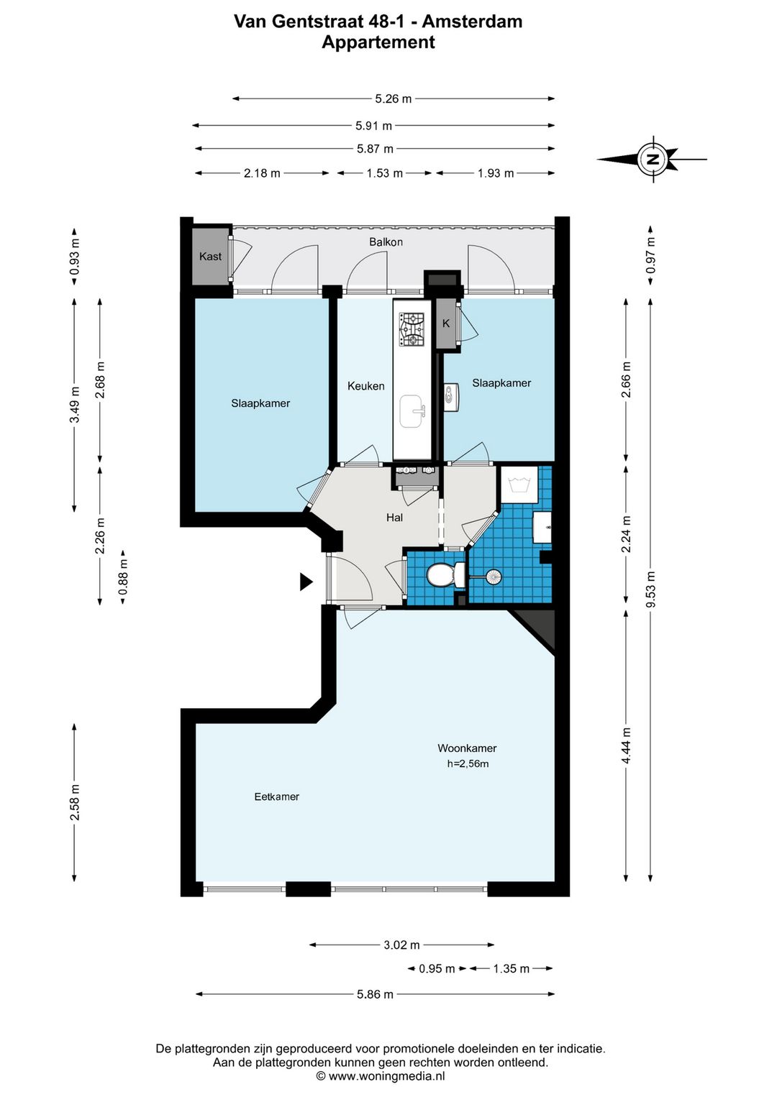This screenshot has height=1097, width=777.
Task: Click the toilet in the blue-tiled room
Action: pos(445,574)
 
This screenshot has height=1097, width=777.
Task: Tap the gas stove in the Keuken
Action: pos(412,329)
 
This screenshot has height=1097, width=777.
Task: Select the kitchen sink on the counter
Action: pos(412,411)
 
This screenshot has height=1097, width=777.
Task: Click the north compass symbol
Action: pos(653,159)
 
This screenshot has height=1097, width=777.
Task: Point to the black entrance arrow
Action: pos(306,582)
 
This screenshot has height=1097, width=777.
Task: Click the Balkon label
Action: pos(386,242)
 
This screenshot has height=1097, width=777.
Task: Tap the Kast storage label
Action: pos(210,256)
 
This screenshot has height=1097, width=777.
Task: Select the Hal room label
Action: pos(394,518)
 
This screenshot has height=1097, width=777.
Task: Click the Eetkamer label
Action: pos(276,797)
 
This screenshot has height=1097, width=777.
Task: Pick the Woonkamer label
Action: pos(467,748)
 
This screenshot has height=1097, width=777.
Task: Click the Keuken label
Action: pos(365,386)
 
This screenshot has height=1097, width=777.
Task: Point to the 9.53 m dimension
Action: pos(650,589)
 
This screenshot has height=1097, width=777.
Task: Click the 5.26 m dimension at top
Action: pos(393,98)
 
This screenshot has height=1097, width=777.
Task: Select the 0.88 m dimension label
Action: pos(123,577)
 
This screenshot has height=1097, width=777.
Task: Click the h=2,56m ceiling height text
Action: pos(468,763)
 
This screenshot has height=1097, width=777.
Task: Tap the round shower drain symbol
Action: pos(493,577)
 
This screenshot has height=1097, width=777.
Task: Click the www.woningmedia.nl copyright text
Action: pos(381,1076)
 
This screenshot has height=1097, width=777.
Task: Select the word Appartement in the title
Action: pos(378,42)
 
